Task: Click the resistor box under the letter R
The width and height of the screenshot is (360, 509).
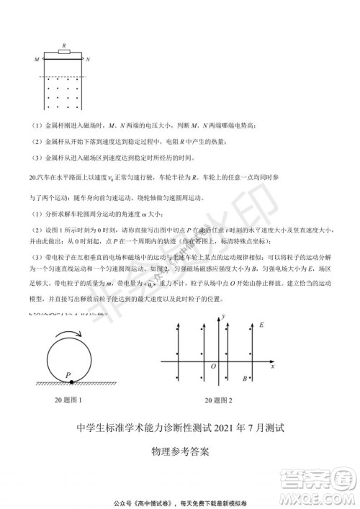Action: (64, 53)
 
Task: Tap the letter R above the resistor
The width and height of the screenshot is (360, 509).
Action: (64, 45)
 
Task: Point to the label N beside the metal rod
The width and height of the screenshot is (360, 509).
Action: (88, 60)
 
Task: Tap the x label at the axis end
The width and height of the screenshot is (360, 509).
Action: (273, 366)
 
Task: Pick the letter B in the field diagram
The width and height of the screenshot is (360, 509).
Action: (245, 379)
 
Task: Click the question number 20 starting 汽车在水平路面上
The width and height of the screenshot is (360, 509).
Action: (33, 176)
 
